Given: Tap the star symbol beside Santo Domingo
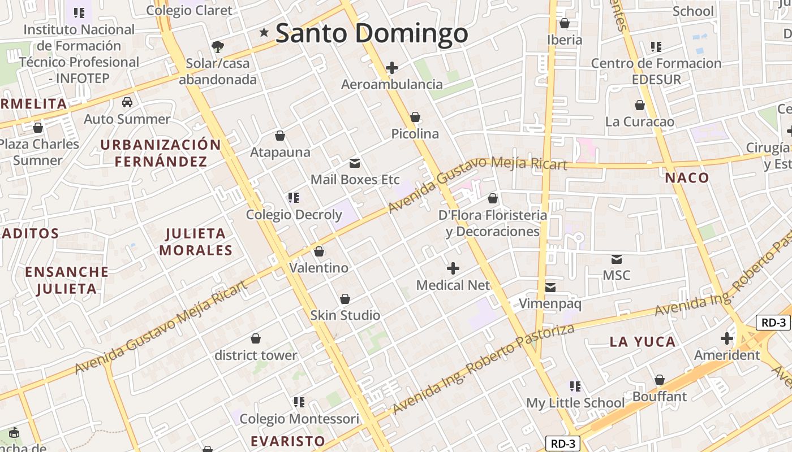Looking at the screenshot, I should [264, 33].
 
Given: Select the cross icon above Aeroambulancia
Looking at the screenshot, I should [391, 68].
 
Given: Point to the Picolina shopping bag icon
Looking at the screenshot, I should [415, 117].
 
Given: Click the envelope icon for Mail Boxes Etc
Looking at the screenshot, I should [355, 163].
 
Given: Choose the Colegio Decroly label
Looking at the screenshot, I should [294, 215].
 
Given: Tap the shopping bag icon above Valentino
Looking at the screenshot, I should [319, 251].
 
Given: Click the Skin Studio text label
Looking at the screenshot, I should [345, 315].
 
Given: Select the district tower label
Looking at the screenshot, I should [256, 355].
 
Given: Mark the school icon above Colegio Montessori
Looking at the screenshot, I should [299, 402].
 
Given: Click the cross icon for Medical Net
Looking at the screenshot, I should [453, 268].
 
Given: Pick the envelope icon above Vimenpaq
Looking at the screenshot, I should [550, 288].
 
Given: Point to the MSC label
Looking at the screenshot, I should [616, 275].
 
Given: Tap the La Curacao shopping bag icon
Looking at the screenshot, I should [640, 106].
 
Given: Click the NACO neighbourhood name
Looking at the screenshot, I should [687, 178].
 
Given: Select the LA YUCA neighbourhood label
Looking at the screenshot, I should [643, 341].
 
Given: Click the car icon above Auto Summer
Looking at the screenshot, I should [127, 102].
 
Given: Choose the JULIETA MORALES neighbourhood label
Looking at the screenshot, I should [196, 242].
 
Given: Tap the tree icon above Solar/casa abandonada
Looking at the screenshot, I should [217, 46].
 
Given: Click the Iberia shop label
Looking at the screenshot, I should [565, 40].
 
